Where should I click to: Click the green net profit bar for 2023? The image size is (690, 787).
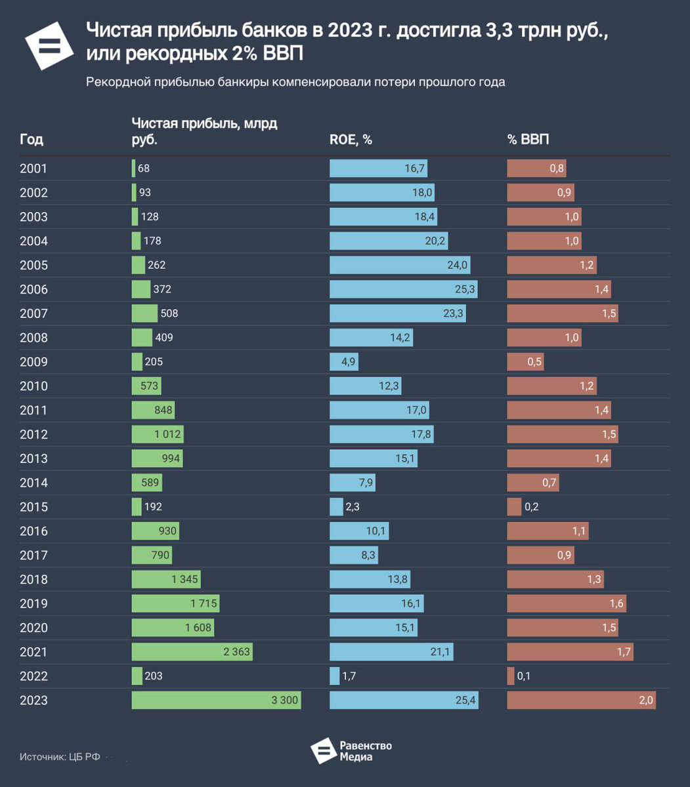click(216, 700)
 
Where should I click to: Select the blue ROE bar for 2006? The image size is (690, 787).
click(403, 289)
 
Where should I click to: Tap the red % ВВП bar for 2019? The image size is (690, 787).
click(566, 603)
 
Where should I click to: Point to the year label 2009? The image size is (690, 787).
click(33, 362)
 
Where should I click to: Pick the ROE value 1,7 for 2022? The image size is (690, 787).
click(349, 676)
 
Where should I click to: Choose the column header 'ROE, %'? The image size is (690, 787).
click(351, 140)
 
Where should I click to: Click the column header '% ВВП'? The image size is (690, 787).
click(528, 140)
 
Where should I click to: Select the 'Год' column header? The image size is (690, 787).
click(32, 140)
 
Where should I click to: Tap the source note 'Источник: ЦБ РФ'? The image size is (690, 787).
click(60, 756)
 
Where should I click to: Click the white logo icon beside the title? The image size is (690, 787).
click(49, 45)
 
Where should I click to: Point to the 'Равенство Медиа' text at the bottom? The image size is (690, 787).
click(366, 751)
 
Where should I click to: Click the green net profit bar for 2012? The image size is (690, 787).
click(158, 434)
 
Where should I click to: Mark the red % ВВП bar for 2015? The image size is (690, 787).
click(514, 507)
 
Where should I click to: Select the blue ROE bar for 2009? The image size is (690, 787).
click(343, 362)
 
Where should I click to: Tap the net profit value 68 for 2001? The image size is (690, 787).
click(144, 169)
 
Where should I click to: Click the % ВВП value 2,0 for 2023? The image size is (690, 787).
click(646, 700)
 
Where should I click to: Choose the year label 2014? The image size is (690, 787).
click(33, 483)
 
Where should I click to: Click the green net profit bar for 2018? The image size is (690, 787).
click(165, 579)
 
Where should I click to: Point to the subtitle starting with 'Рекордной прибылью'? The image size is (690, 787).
click(295, 82)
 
